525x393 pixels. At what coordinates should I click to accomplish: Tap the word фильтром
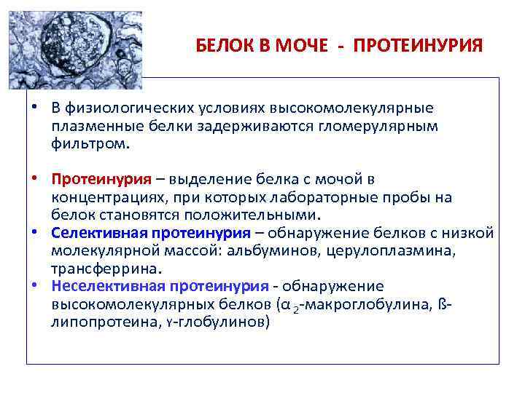[90, 143]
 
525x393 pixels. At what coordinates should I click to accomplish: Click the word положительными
[257, 215]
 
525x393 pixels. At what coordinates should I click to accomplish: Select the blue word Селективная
[99, 233]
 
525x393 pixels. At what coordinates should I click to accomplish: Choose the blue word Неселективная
[107, 286]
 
